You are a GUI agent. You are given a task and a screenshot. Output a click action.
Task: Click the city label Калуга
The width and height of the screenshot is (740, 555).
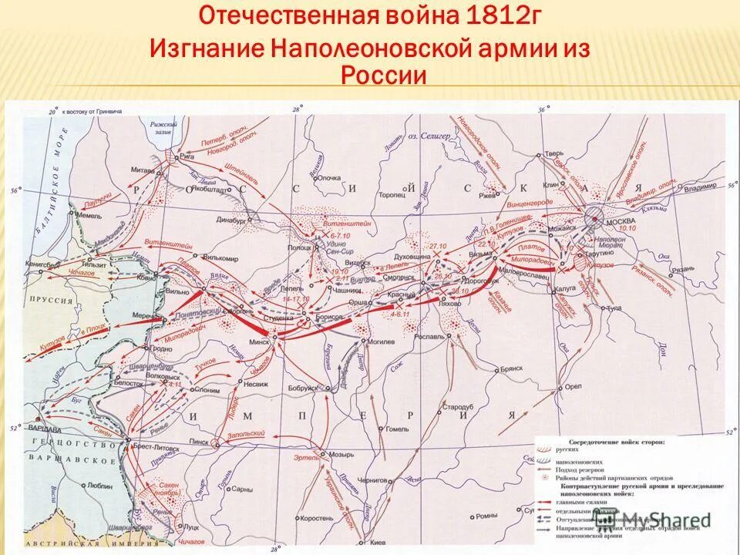563,291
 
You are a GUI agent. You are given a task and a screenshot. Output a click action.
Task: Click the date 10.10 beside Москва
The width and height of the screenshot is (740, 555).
605,229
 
